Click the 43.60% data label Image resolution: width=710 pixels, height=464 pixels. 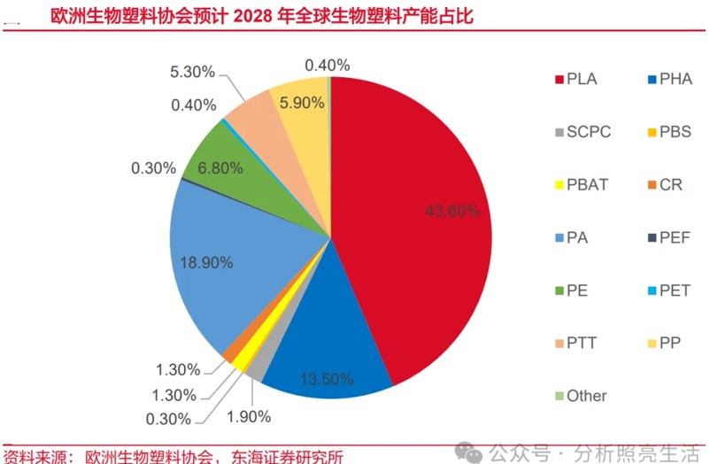click(x=451, y=211)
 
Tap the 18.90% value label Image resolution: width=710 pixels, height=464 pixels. click(x=205, y=262)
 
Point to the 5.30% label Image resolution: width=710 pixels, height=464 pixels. click(x=191, y=70)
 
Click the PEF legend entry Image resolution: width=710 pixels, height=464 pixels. click(x=670, y=237)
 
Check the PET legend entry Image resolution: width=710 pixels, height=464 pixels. click(x=670, y=290)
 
